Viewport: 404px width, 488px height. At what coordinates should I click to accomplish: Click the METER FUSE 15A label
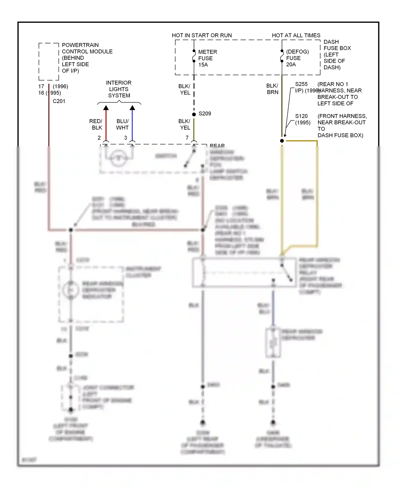click(207, 58)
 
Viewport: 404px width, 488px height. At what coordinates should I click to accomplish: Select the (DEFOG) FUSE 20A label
click(297, 58)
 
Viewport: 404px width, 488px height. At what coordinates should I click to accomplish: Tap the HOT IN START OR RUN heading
click(202, 35)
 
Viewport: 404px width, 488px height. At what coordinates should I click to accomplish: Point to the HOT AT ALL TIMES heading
click(296, 35)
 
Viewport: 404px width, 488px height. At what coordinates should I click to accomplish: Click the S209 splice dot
click(194, 114)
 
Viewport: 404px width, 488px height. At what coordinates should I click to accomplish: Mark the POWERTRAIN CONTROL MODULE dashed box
click(49, 62)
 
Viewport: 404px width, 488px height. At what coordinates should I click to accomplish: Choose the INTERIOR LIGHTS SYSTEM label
click(119, 89)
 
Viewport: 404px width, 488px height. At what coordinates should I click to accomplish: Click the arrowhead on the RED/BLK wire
click(106, 108)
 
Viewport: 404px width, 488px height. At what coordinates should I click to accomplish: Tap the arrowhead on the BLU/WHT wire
click(132, 108)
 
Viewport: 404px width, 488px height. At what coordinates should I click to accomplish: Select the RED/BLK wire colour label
click(96, 124)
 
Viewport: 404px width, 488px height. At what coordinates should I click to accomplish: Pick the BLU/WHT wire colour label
click(122, 124)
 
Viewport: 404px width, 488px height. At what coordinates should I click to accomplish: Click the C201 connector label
click(59, 101)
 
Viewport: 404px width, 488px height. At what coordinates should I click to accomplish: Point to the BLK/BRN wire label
click(272, 89)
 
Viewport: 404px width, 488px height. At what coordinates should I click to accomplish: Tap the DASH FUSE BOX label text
click(337, 55)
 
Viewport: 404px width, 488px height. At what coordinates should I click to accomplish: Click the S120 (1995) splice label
click(302, 119)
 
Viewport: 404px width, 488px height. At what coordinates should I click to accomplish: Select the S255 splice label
click(301, 84)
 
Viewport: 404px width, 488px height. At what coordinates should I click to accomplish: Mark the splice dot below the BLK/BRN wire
click(282, 141)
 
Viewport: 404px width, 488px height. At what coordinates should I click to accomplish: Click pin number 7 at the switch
click(187, 138)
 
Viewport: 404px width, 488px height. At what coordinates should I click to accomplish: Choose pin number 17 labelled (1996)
click(41, 86)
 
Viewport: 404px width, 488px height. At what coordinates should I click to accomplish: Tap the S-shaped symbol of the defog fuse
click(282, 56)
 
